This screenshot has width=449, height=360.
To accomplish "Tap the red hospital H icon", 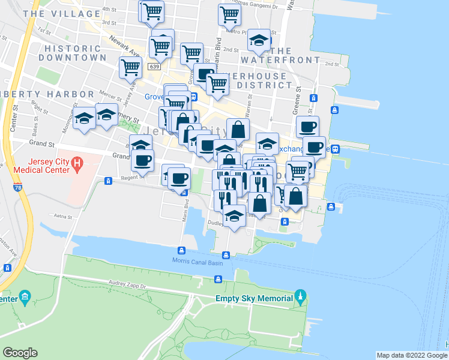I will [77, 163].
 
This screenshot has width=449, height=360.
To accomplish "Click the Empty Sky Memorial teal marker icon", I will [301, 296].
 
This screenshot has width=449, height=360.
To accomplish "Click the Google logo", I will [20, 352].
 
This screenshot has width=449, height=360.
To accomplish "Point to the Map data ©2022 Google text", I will [412, 355].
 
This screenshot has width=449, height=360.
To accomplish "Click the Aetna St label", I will [62, 215].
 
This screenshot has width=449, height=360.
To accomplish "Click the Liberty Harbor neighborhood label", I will [47, 94].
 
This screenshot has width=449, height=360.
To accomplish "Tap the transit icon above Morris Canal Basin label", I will [181, 250].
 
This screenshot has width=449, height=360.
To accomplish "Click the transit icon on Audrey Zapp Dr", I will [218, 279].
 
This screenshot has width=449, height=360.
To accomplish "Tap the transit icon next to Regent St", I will [109, 181].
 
